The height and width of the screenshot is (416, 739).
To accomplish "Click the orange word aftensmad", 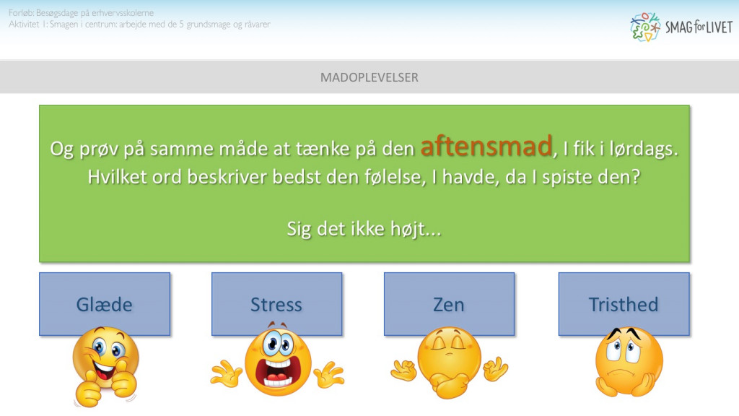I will (x=486, y=147).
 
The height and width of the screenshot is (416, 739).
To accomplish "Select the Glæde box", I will (x=105, y=304).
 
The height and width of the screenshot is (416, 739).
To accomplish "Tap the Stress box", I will (x=276, y=304).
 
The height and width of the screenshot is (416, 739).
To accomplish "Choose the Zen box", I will (x=449, y=304).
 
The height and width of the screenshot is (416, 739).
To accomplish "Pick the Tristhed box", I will (x=624, y=304).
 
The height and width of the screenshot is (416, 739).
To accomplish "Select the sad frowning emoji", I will (x=628, y=361).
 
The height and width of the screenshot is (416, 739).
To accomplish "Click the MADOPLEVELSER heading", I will (x=369, y=77).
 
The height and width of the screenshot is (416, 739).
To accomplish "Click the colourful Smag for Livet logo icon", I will (x=645, y=27).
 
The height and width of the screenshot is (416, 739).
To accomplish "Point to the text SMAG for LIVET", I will (x=699, y=27).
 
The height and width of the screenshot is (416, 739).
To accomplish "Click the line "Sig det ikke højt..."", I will (x=364, y=229).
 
